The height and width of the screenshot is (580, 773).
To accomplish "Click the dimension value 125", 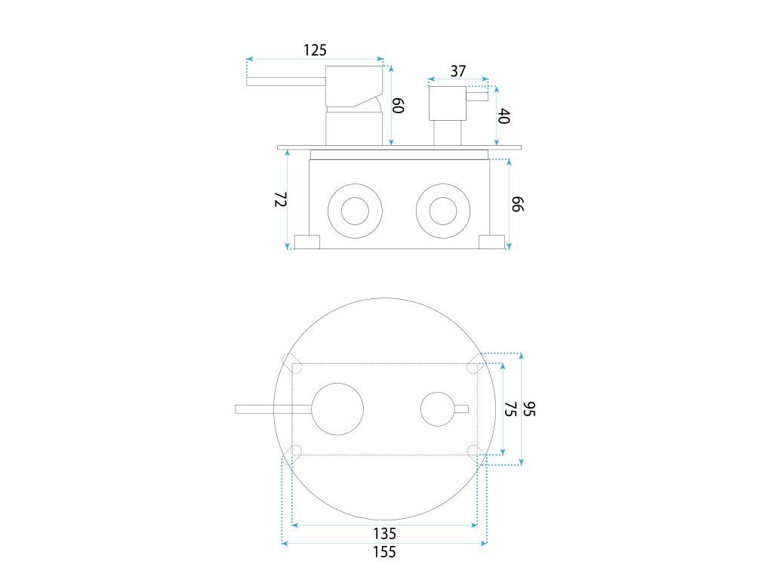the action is click(x=315, y=50).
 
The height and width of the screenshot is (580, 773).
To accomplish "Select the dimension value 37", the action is click(x=457, y=71).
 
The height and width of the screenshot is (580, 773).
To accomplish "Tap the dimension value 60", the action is click(x=399, y=104).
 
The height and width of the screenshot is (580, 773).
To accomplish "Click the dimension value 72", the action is click(x=280, y=199).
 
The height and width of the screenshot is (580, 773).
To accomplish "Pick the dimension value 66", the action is click(x=518, y=203).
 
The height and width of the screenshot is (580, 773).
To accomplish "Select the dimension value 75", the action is click(x=510, y=409).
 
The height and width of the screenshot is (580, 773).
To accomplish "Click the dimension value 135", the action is click(x=383, y=533).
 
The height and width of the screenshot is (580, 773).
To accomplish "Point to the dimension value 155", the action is click(x=383, y=552).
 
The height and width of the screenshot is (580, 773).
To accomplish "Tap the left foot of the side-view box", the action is click(x=306, y=242).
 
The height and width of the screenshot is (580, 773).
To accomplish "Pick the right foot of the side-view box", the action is click(x=492, y=242).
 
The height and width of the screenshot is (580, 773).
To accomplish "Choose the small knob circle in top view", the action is click(x=438, y=409).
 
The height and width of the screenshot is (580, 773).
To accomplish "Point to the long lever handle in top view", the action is click(x=273, y=409).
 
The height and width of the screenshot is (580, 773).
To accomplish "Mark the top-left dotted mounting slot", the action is click(x=291, y=361).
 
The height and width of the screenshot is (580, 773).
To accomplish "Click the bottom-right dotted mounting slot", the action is click(x=476, y=452).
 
